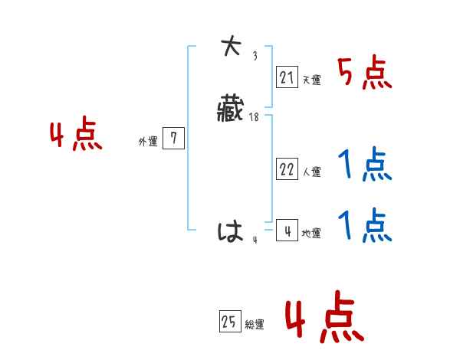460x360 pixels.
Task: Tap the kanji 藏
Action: click(231, 110)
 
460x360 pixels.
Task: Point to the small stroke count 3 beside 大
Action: click(255, 56)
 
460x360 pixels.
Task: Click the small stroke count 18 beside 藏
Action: click(254, 116)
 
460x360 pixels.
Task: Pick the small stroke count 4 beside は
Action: click(255, 240)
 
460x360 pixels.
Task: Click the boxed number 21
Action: click(287, 77)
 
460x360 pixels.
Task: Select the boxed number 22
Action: click(287, 170)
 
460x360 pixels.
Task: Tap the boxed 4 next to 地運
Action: click(287, 231)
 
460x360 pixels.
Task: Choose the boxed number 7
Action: click(174, 139)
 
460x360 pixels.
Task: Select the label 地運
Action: click(311, 234)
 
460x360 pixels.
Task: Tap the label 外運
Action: click(148, 142)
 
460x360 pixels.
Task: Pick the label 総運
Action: click(255, 326)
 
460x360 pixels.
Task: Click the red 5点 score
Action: click(364, 74)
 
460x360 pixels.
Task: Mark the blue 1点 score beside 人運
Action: click(364, 165)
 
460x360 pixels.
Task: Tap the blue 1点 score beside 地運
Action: click(364, 226)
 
